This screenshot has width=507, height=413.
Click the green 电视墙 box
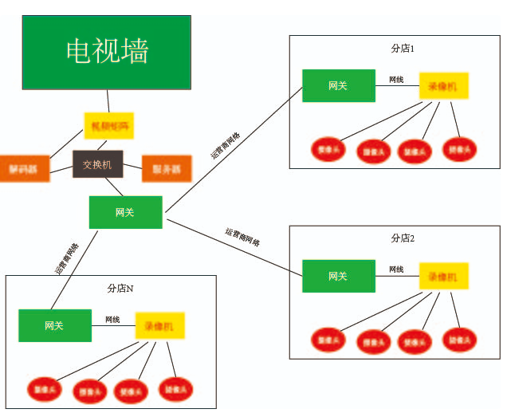[107, 51]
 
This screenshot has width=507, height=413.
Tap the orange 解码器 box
[24, 168]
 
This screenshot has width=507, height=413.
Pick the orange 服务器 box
[167, 168]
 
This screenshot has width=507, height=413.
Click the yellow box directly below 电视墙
[109, 126]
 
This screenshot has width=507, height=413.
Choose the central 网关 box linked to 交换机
[125, 212]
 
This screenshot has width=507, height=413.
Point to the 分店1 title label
[403, 49]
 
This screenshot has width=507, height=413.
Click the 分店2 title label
[403, 238]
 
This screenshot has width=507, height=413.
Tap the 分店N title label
[120, 288]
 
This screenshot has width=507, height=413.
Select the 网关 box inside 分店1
[338, 86]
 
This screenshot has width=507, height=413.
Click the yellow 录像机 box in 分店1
[443, 85]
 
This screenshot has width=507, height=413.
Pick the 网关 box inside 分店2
[338, 276]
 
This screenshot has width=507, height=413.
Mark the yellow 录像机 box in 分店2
[443, 276]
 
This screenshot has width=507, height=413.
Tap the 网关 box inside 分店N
[54, 325]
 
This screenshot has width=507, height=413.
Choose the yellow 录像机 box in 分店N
[159, 325]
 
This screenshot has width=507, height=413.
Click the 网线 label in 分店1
[396, 80]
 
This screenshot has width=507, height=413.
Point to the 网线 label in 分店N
[112, 320]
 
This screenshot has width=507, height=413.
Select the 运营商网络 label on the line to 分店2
[242, 237]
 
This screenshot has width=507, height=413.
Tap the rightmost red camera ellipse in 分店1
[461, 147]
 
